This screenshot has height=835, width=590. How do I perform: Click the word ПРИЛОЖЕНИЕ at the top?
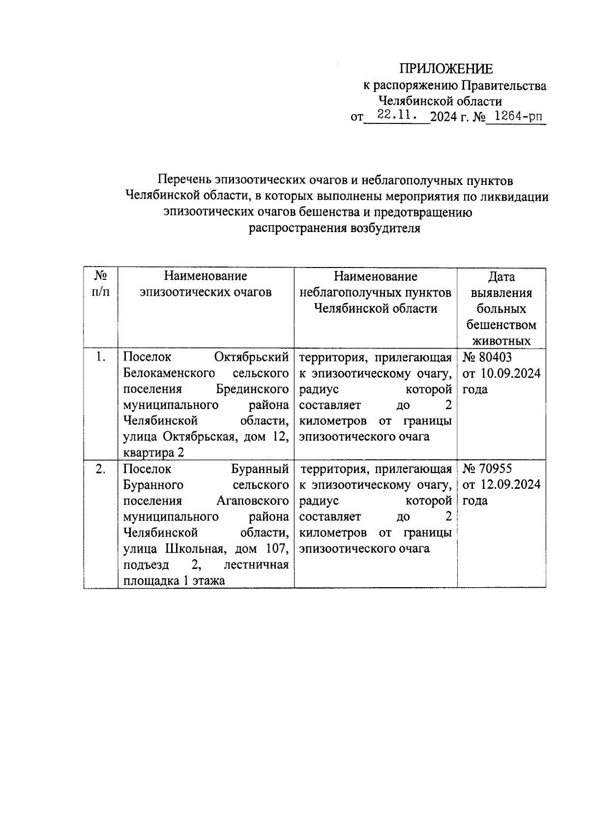click(445, 69)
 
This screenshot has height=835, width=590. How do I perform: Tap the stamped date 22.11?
click(397, 116)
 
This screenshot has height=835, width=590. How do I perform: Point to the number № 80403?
click(487, 358)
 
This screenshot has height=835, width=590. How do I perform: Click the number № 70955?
click(487, 469)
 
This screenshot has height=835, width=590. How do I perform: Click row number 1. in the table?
click(100, 358)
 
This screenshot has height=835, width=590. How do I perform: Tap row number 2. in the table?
click(100, 469)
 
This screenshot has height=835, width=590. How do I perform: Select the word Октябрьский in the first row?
click(251, 358)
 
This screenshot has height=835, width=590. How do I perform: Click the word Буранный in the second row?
click(260, 469)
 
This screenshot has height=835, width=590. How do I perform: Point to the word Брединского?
click(252, 389)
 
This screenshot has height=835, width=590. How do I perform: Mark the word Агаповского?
click(252, 501)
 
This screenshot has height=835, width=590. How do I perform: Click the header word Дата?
click(501, 277)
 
